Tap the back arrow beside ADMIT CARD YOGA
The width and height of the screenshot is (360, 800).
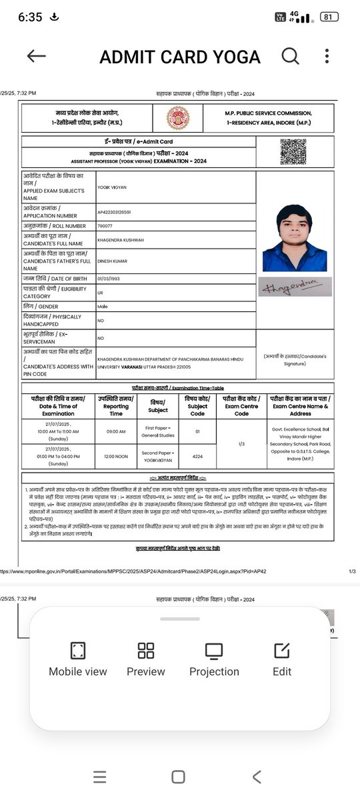36,57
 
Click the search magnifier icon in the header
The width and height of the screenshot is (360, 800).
290,57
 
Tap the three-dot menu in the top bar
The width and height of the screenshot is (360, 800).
326,57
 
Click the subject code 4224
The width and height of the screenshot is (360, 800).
197,457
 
